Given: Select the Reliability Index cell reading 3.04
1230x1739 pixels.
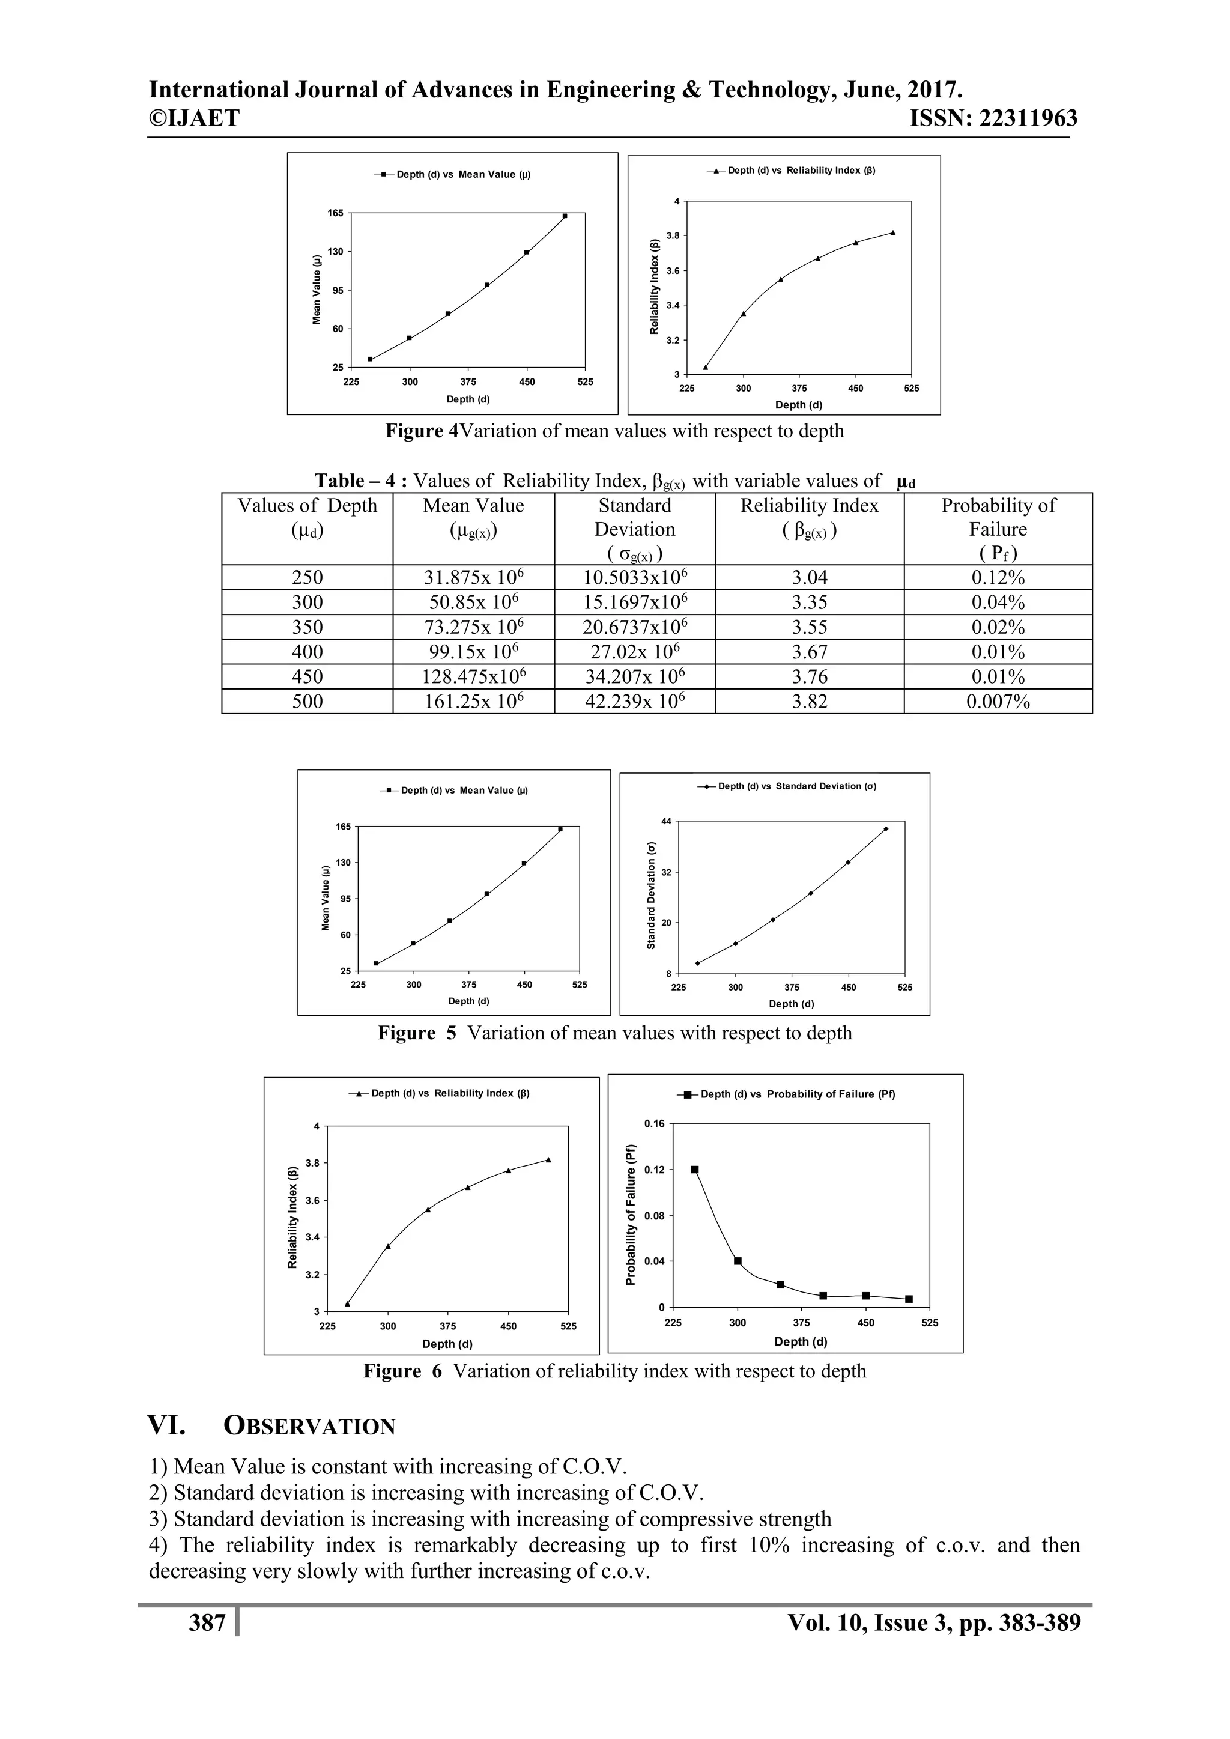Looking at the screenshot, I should pos(809,578).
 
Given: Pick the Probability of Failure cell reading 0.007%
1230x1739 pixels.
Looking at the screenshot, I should pos(998,702).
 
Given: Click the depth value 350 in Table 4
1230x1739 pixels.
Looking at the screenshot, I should pos(307,627).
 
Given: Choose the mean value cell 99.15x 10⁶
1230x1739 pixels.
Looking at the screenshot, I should pos(473,652).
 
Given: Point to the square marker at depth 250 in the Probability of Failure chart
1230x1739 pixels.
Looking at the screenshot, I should pos(694,1170).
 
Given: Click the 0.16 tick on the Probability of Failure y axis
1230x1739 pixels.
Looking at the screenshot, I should pos(653,1124).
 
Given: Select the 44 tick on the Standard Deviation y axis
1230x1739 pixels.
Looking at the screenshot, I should pos(667,821).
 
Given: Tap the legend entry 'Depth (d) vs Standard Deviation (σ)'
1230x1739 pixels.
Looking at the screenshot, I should pos(788,786).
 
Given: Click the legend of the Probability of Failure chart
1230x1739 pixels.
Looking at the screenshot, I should pos(788,1094).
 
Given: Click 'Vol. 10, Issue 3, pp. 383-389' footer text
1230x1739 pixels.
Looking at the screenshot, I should pos(934,1622).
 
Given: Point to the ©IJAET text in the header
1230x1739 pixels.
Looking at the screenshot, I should pos(194,118).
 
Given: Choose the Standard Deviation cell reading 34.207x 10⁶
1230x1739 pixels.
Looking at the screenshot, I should pos(635,676).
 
